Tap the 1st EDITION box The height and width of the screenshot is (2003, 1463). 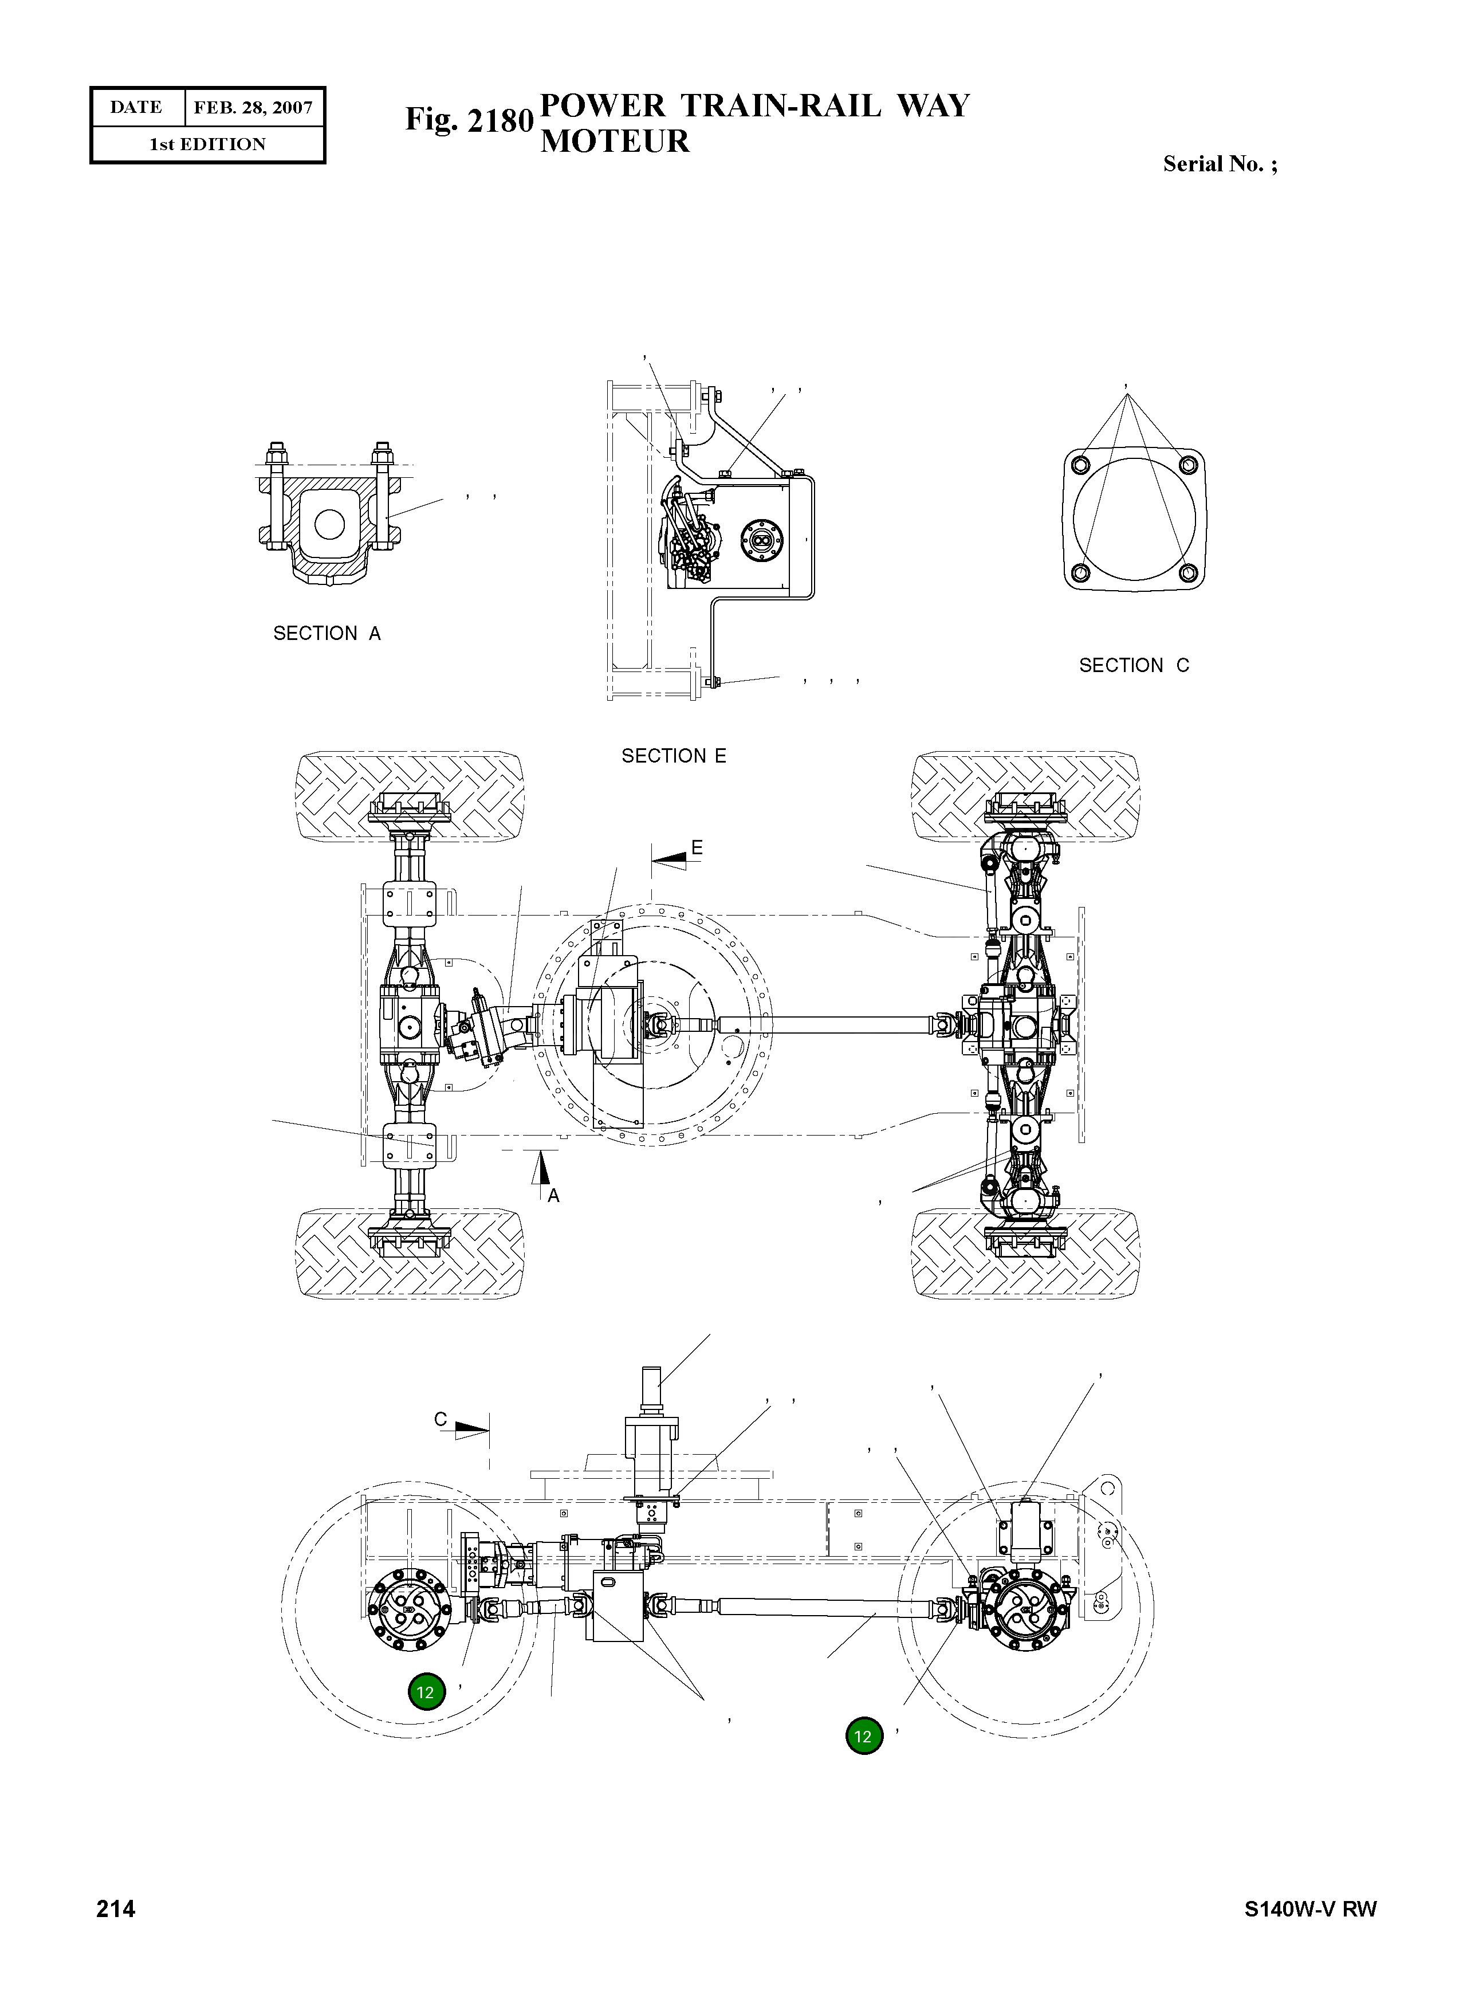[207, 144]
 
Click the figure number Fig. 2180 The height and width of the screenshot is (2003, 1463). [469, 120]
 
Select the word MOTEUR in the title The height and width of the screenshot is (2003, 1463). [615, 141]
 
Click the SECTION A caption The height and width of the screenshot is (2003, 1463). [327, 634]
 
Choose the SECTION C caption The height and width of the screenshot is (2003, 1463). [1134, 665]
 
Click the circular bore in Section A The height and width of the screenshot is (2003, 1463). [329, 524]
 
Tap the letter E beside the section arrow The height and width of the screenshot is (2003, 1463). [697, 848]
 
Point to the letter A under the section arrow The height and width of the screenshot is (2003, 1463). [553, 1196]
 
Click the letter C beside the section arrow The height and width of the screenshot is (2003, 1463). [440, 1419]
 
